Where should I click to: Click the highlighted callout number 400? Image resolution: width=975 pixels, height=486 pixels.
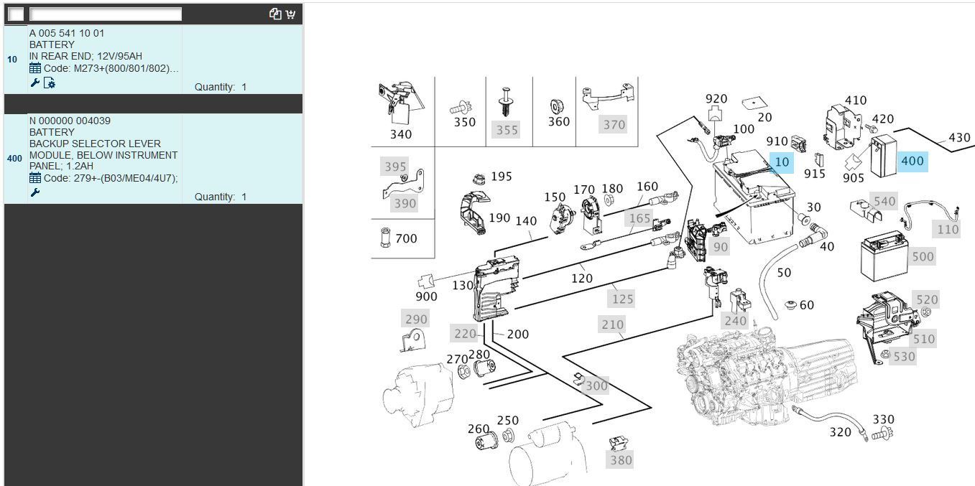pyautogui.click(x=912, y=161)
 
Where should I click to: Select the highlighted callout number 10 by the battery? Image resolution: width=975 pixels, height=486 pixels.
pyautogui.click(x=782, y=162)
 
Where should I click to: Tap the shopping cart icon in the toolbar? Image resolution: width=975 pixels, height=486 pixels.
pyautogui.click(x=290, y=14)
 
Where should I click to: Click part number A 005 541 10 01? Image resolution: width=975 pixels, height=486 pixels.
pyautogui.click(x=67, y=33)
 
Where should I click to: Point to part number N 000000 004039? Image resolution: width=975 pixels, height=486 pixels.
pyautogui.click(x=70, y=121)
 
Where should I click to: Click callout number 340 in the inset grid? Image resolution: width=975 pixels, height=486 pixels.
pyautogui.click(x=401, y=134)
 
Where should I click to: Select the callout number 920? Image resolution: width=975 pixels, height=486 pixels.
pyautogui.click(x=716, y=99)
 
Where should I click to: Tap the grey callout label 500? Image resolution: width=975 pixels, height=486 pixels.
pyautogui.click(x=923, y=256)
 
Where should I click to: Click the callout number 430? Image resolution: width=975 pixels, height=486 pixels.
pyautogui.click(x=959, y=138)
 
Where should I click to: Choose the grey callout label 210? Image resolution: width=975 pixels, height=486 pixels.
pyautogui.click(x=612, y=324)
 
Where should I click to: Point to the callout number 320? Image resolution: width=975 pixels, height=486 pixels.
pyautogui.click(x=840, y=432)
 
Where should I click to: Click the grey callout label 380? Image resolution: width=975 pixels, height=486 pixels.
pyautogui.click(x=621, y=460)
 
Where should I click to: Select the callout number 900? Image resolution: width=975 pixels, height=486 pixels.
pyautogui.click(x=426, y=296)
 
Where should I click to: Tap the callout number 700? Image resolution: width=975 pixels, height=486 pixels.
pyautogui.click(x=406, y=238)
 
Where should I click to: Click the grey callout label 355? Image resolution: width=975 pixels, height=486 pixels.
pyautogui.click(x=507, y=130)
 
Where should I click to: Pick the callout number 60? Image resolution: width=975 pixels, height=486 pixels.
pyautogui.click(x=807, y=305)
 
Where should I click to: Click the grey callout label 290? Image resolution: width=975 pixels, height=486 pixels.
pyautogui.click(x=416, y=319)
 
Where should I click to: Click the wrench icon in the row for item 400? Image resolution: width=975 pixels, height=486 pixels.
pyautogui.click(x=34, y=192)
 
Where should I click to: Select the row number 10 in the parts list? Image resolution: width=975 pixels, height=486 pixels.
pyautogui.click(x=12, y=60)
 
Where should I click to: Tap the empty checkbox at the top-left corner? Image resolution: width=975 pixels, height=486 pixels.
pyautogui.click(x=16, y=14)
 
